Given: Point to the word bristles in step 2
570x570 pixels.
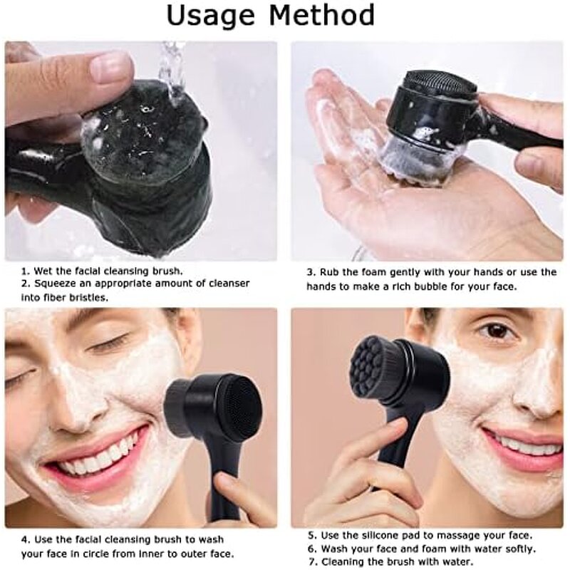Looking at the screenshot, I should pos(82,296).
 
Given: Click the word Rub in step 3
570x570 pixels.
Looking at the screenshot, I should pos(331,271).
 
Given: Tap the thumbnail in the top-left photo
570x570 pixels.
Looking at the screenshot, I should pos(111,66).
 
